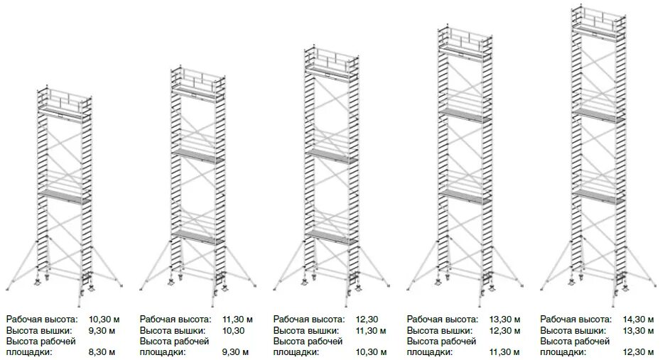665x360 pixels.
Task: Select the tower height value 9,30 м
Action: [103, 330]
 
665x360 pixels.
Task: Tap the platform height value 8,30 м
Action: [103, 351]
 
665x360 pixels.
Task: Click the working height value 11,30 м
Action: [237, 320]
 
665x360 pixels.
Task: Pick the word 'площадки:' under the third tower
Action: [296, 351]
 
